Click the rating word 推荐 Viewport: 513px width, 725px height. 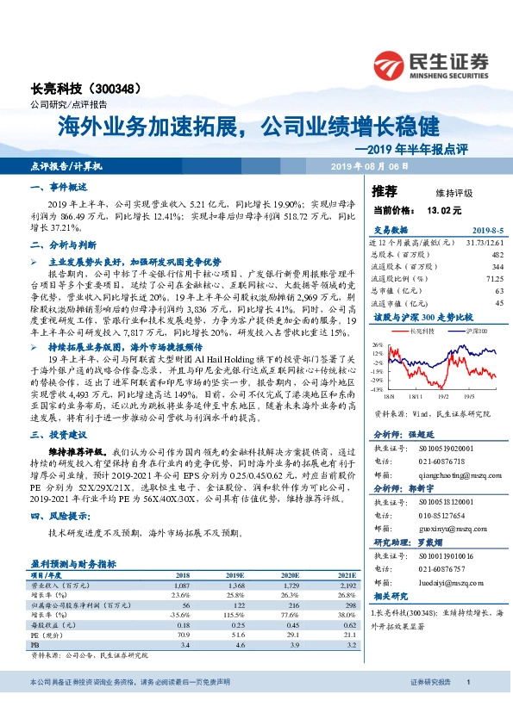(x=385, y=191)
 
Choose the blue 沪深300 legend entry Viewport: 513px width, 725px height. (x=474, y=330)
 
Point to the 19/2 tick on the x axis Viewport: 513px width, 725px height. (x=442, y=397)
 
